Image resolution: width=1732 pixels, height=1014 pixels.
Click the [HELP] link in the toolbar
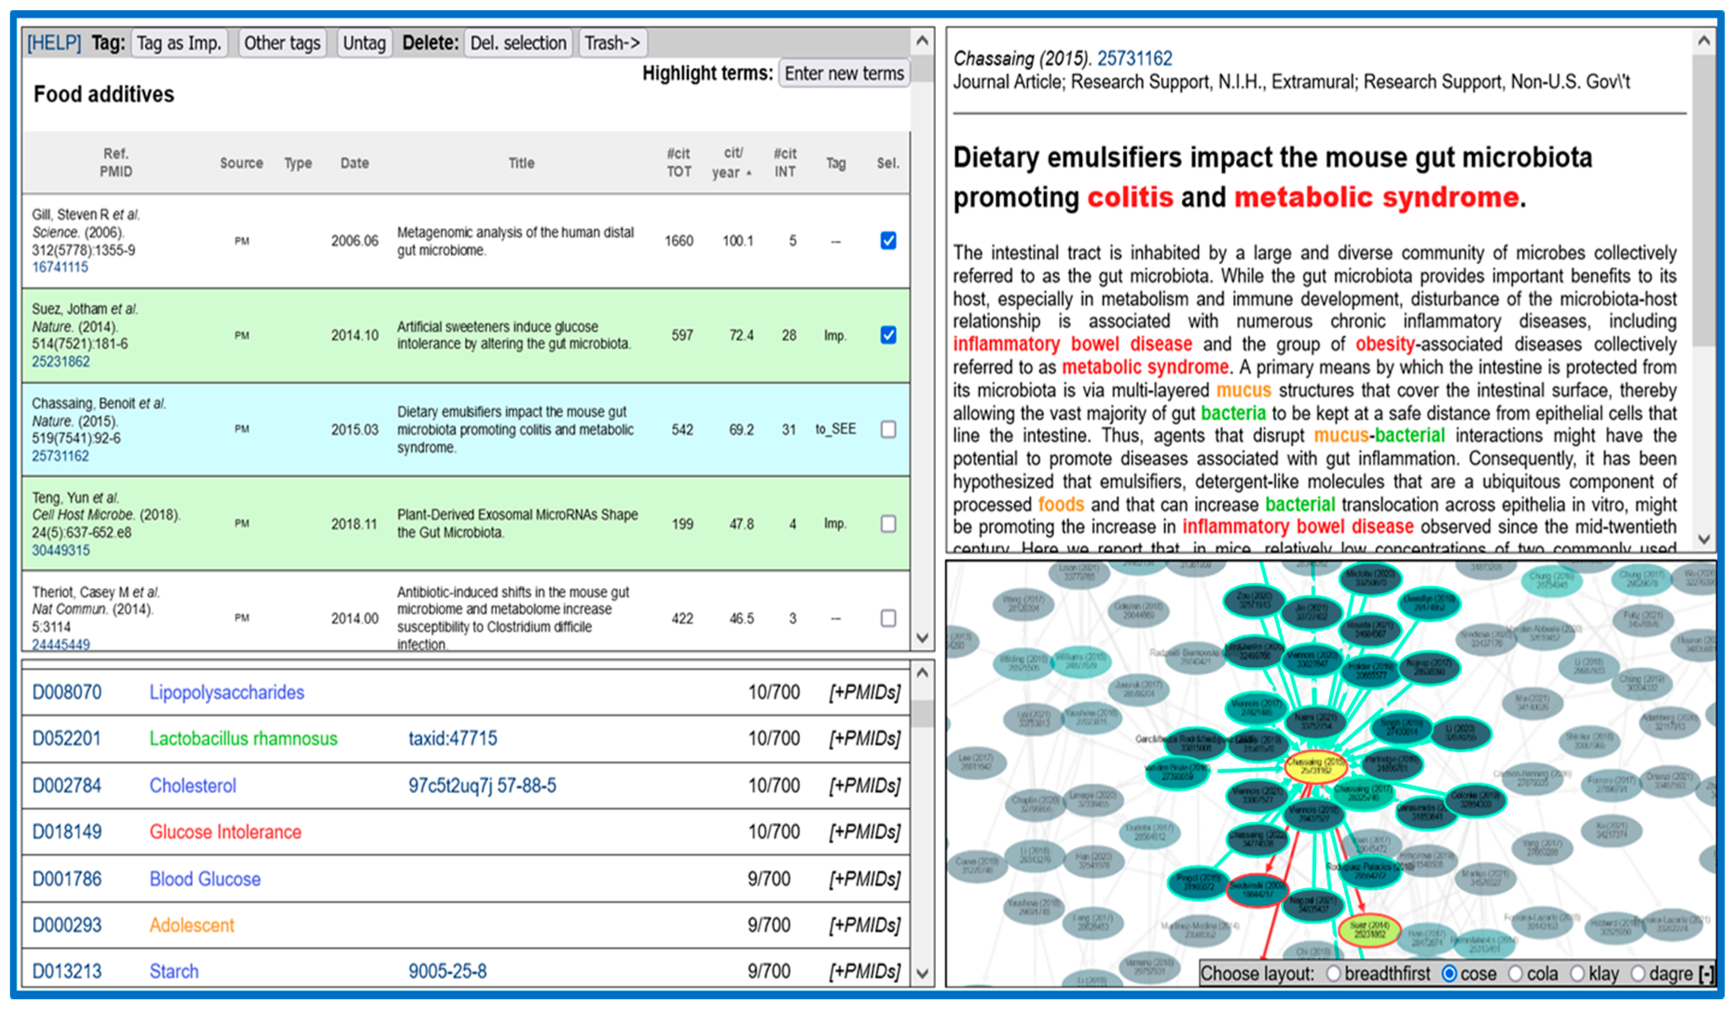tap(54, 43)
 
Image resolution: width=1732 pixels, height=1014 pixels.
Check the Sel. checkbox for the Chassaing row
tap(888, 429)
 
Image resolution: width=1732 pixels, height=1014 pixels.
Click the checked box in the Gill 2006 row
tap(888, 240)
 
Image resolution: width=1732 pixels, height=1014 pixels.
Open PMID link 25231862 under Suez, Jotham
tap(61, 361)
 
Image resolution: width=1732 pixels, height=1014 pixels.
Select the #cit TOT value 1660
tap(678, 241)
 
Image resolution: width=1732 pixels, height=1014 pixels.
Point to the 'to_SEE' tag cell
tap(835, 429)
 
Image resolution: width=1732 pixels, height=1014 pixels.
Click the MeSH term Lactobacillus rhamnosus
tap(243, 739)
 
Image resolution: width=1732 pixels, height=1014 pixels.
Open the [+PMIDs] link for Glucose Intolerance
tap(864, 832)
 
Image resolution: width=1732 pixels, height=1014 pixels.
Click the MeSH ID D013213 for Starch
tap(67, 972)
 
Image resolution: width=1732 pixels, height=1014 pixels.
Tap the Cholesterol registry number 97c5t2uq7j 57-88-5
tap(482, 785)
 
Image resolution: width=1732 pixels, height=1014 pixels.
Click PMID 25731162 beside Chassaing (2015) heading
tap(1134, 58)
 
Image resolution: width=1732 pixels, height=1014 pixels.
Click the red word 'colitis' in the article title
tap(1129, 198)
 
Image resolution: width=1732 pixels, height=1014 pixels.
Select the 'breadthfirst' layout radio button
tap(1333, 973)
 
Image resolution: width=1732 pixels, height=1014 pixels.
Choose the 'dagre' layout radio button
tap(1638, 973)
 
